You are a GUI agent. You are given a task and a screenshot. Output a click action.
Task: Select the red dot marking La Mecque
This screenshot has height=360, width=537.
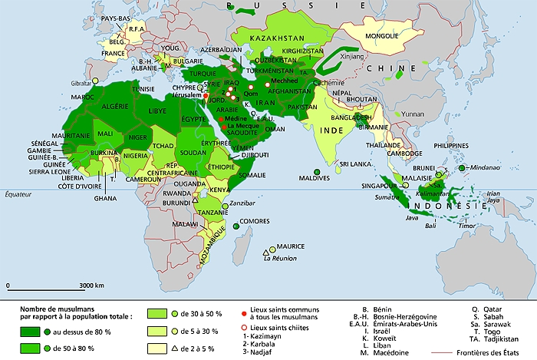tap(223, 127)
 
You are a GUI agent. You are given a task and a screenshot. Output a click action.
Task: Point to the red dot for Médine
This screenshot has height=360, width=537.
tap(221, 119)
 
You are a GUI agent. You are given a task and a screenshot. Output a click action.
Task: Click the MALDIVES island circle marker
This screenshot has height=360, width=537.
tap(316, 172)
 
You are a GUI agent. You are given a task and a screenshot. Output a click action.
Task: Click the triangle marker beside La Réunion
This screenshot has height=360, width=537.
tap(265, 253)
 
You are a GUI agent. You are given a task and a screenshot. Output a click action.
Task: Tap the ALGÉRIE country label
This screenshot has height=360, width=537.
tap(111, 105)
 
